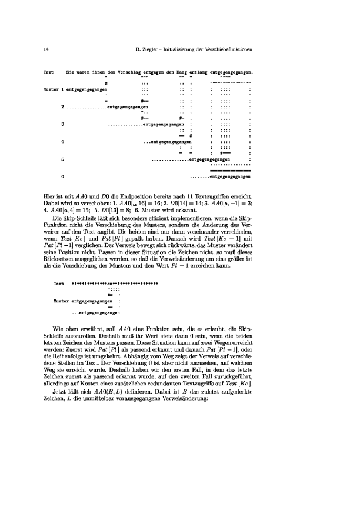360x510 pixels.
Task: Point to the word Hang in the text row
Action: [x=182, y=72]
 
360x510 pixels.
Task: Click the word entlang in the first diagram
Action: [x=198, y=72]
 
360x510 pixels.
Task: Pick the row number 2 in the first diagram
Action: [x=62, y=107]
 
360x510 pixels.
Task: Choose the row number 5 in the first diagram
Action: [x=62, y=159]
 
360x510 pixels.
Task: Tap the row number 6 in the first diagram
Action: [x=62, y=176]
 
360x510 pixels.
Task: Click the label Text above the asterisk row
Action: [x=59, y=283]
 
